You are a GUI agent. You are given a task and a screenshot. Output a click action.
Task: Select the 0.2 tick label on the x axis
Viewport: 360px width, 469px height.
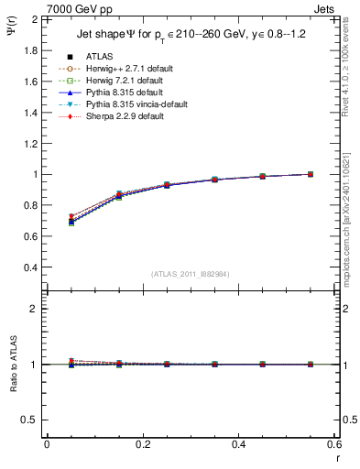142,444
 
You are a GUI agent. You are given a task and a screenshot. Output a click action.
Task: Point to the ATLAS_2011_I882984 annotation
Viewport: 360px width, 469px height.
191,274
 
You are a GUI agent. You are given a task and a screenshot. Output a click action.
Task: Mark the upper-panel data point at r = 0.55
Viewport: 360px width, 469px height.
311,174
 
